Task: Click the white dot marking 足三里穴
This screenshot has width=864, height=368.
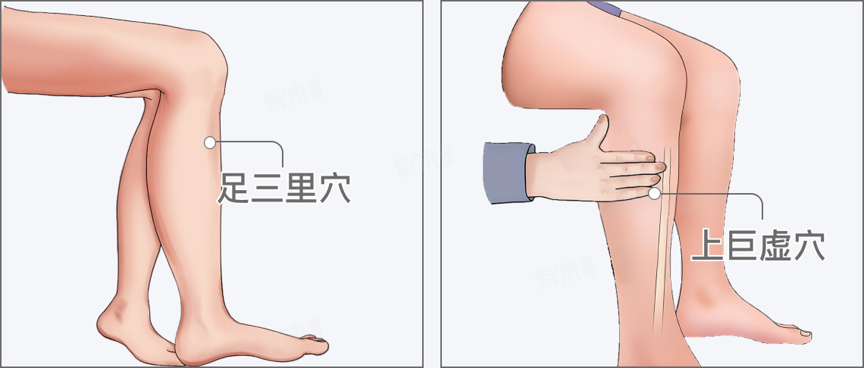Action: pos(209,142)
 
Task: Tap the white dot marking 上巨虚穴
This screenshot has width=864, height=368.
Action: pos(654,193)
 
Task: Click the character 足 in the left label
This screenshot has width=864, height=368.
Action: pos(235,189)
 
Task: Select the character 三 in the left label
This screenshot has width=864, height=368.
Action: pos(268,189)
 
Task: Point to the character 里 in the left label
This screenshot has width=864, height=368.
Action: pos(301,189)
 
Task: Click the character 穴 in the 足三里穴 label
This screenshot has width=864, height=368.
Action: pos(334,189)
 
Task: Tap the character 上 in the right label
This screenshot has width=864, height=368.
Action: pos(708,245)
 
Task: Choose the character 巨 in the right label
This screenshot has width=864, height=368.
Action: pos(742,245)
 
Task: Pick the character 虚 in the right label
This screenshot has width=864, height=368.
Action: pos(775,245)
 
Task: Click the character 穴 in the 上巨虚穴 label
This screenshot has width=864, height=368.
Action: pos(809,245)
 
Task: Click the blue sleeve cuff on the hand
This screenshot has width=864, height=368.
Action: pos(508,173)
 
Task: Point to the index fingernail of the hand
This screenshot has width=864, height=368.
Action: pos(659,166)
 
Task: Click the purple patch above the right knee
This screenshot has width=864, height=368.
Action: pos(605,8)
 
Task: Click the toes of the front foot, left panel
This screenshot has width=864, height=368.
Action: pos(314,345)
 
